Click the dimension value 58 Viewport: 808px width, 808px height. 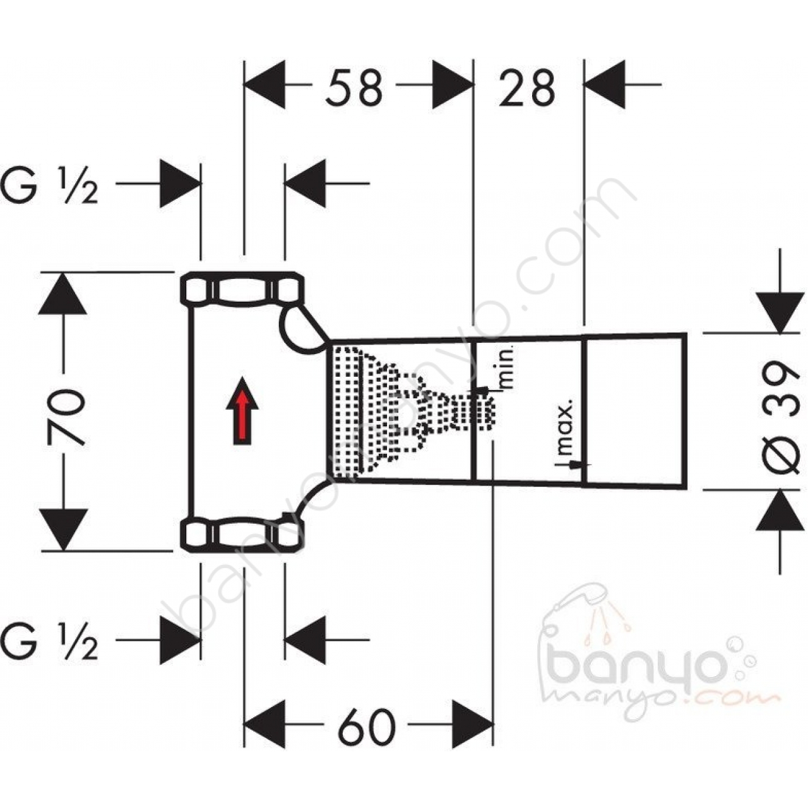[354, 88]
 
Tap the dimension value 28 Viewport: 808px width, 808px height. [527, 88]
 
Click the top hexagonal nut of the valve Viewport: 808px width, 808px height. [242, 288]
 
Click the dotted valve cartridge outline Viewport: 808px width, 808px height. [413, 412]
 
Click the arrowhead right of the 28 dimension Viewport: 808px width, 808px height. [605, 85]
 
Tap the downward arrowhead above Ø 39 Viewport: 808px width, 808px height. [780, 313]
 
